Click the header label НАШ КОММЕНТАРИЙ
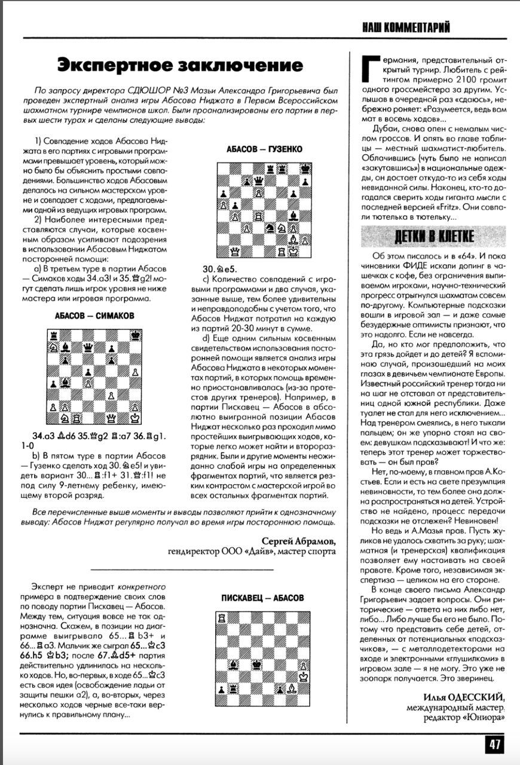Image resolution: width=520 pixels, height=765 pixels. click(x=406, y=27)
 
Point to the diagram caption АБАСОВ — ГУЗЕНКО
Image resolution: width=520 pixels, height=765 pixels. click(x=264, y=149)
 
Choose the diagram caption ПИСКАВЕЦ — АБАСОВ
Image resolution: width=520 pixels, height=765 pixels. click(x=262, y=598)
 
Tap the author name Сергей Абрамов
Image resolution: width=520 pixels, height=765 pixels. click(x=298, y=541)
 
